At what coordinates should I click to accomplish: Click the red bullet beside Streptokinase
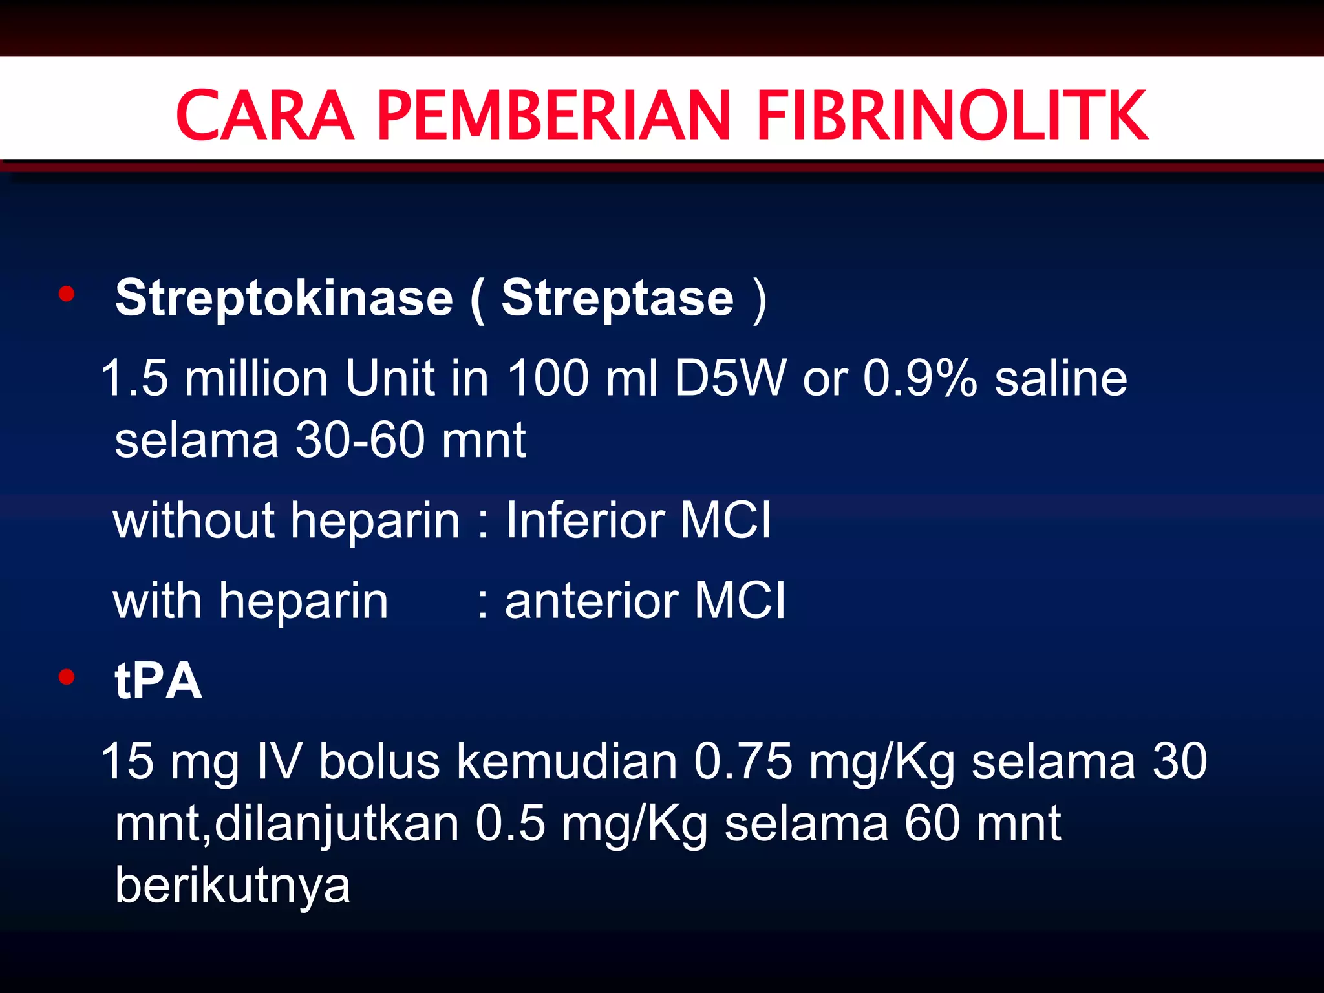[x=67, y=295]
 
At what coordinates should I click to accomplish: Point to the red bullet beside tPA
[x=67, y=677]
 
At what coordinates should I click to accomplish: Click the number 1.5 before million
[x=134, y=378]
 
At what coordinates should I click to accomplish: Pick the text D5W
[x=730, y=378]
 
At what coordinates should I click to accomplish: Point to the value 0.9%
[x=920, y=378]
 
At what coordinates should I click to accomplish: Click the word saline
[x=1061, y=378]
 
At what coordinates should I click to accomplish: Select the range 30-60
[x=359, y=440]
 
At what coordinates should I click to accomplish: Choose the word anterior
[x=592, y=601]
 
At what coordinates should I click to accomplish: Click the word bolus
[x=379, y=761]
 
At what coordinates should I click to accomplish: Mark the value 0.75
[x=743, y=761]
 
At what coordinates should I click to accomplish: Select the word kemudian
[x=567, y=761]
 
